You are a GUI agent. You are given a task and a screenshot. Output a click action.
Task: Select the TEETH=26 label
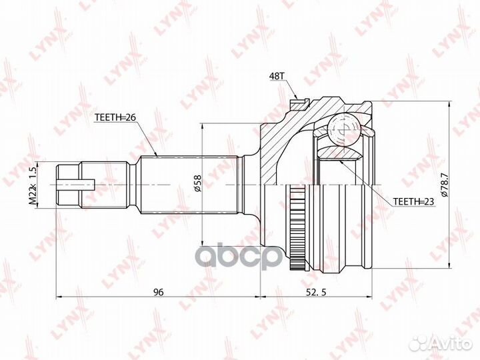click(115, 119)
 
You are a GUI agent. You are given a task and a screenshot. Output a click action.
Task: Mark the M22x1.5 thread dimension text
click(31, 185)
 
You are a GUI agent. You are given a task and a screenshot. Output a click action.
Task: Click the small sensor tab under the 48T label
click(300, 104)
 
